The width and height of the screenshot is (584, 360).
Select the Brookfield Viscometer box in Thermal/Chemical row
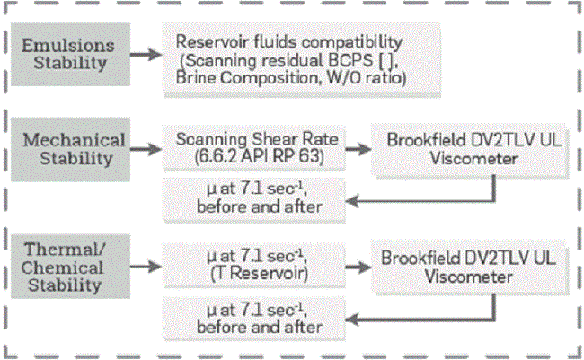[x=450, y=267]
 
